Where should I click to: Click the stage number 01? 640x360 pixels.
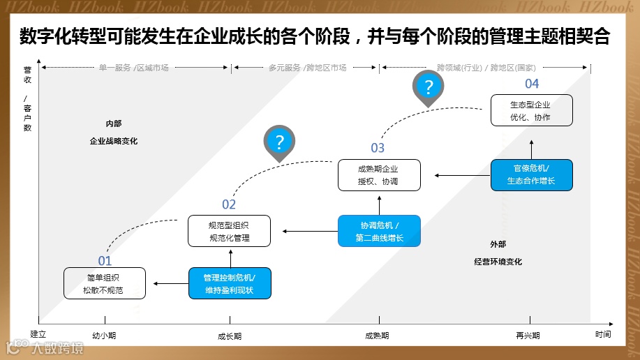pos(105,261)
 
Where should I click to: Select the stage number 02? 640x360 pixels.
pos(229,204)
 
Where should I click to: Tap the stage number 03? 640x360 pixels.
pos(378,148)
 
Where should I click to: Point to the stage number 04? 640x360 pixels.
pos(532,84)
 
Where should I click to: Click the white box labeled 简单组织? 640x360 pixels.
pos(105,283)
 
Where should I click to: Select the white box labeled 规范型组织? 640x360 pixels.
pos(229,231)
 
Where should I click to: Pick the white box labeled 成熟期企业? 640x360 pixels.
pos(379,175)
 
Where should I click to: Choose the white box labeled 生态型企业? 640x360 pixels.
pos(531,110)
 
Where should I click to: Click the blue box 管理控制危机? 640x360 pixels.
pos(230,283)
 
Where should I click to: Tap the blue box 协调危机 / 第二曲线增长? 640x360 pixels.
pos(379,231)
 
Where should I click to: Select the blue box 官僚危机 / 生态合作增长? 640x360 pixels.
pos(531,175)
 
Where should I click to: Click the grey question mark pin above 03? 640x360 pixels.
pos(279,143)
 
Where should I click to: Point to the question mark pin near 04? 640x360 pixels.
pos(429,87)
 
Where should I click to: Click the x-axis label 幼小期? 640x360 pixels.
pos(105,336)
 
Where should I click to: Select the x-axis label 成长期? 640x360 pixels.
pos(230,336)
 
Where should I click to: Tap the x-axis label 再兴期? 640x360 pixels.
pos(528,336)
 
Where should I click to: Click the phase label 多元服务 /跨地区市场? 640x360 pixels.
pos(307,68)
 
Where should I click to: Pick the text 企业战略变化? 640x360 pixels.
pos(114,141)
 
